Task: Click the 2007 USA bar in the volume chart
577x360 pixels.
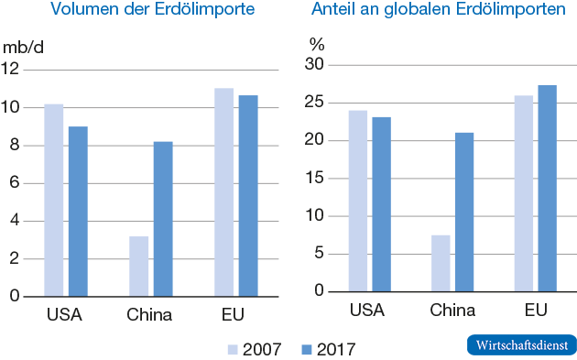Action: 53,201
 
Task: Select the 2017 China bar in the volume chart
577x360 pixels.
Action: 162,219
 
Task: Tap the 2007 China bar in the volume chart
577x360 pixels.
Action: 138,267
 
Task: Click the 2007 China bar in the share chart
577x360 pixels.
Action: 440,263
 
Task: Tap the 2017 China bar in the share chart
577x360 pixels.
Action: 464,213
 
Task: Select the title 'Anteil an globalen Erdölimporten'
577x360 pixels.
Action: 434,11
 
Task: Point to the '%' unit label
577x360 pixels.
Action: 318,44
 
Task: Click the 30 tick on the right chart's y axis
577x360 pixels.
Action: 315,64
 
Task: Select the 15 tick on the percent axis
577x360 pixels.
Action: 315,178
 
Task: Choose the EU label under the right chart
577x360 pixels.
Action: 535,311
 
